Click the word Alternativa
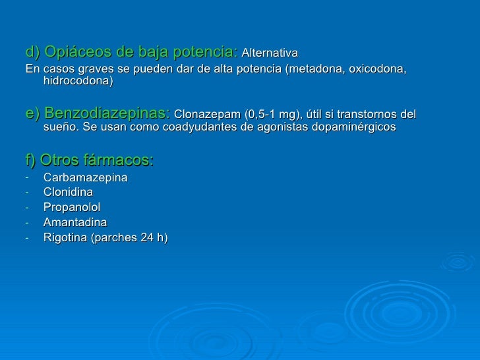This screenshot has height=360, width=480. coord(270,53)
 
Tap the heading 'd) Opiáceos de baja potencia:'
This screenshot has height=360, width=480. coord(132,51)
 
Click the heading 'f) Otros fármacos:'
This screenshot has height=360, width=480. coord(89,160)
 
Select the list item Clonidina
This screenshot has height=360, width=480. coord(68,193)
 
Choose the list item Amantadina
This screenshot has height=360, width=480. coord(75,222)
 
